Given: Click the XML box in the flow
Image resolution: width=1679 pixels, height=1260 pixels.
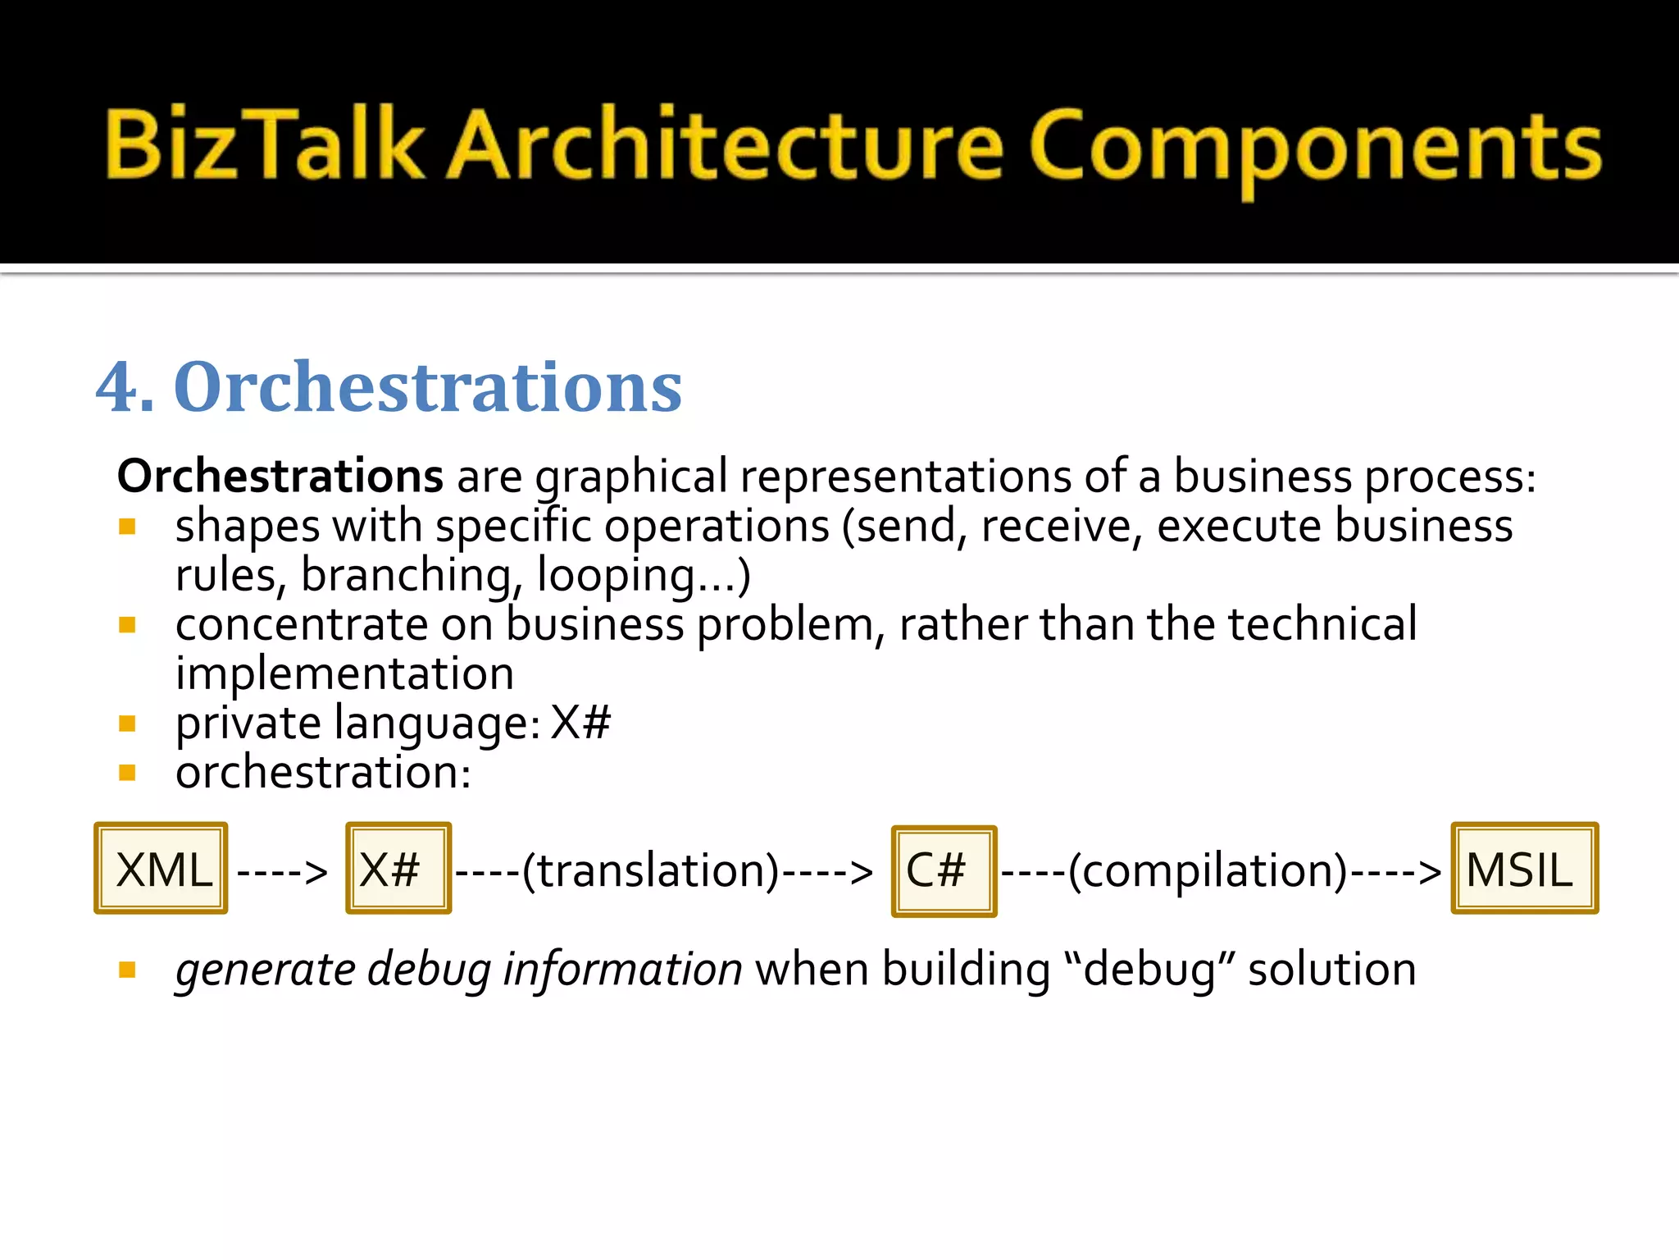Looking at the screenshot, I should (161, 869).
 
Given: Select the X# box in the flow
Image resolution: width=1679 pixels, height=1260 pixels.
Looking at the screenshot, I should (398, 869).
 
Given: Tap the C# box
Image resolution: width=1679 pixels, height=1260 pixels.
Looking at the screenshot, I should (944, 871).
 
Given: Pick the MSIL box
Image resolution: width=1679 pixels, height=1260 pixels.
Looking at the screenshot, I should (1524, 869).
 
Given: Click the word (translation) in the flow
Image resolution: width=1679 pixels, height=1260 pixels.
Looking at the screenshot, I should (651, 870).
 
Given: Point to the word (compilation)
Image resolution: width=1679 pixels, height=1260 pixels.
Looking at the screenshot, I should (1208, 870).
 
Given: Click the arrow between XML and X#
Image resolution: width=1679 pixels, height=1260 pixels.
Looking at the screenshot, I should (282, 872).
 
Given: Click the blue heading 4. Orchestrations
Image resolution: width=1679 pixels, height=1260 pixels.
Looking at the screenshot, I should (389, 386).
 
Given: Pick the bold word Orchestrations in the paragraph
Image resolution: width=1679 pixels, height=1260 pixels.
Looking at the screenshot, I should (280, 476).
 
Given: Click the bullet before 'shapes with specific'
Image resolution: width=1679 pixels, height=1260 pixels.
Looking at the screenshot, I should (127, 527).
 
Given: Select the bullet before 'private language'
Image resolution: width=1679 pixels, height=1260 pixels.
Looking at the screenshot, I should (127, 724).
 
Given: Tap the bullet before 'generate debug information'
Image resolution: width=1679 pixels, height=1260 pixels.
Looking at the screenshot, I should (127, 970).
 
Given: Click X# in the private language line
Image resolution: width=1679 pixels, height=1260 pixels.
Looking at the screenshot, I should (580, 724).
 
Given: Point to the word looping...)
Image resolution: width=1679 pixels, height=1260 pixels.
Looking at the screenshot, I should (644, 576).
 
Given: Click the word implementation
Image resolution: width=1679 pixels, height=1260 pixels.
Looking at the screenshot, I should (344, 674).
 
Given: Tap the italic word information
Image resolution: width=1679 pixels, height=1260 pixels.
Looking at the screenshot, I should (622, 970).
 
